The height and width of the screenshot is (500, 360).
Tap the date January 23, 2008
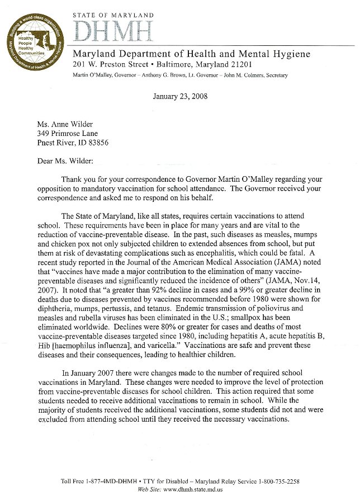[180, 96]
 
